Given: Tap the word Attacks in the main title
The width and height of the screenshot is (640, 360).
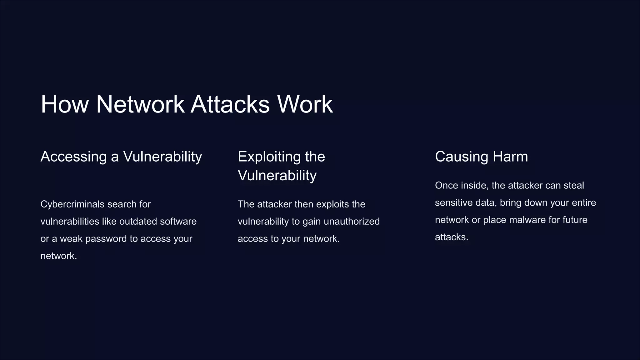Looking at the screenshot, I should [x=230, y=104].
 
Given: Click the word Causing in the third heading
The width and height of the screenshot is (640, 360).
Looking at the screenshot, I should [x=462, y=157].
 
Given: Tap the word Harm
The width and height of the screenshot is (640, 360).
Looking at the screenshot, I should [x=510, y=157].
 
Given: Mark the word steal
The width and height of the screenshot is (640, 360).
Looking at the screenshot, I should [x=574, y=186].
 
